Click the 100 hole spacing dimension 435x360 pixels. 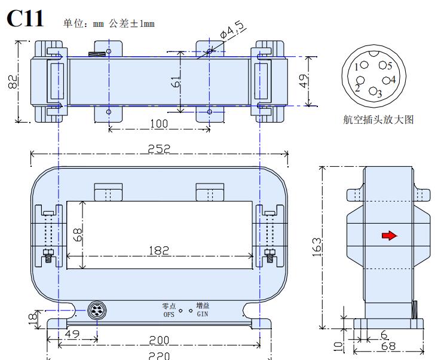coord(158,124)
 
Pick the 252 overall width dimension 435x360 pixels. coord(159,148)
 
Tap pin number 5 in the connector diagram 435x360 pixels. coord(389,66)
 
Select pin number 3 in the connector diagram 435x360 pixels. coord(379,94)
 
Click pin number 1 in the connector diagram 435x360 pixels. coord(357,67)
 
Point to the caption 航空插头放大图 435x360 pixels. coord(378,119)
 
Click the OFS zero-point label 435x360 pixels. coord(169,313)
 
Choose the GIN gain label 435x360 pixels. coord(203,313)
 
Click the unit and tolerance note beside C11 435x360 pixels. coord(109,24)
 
